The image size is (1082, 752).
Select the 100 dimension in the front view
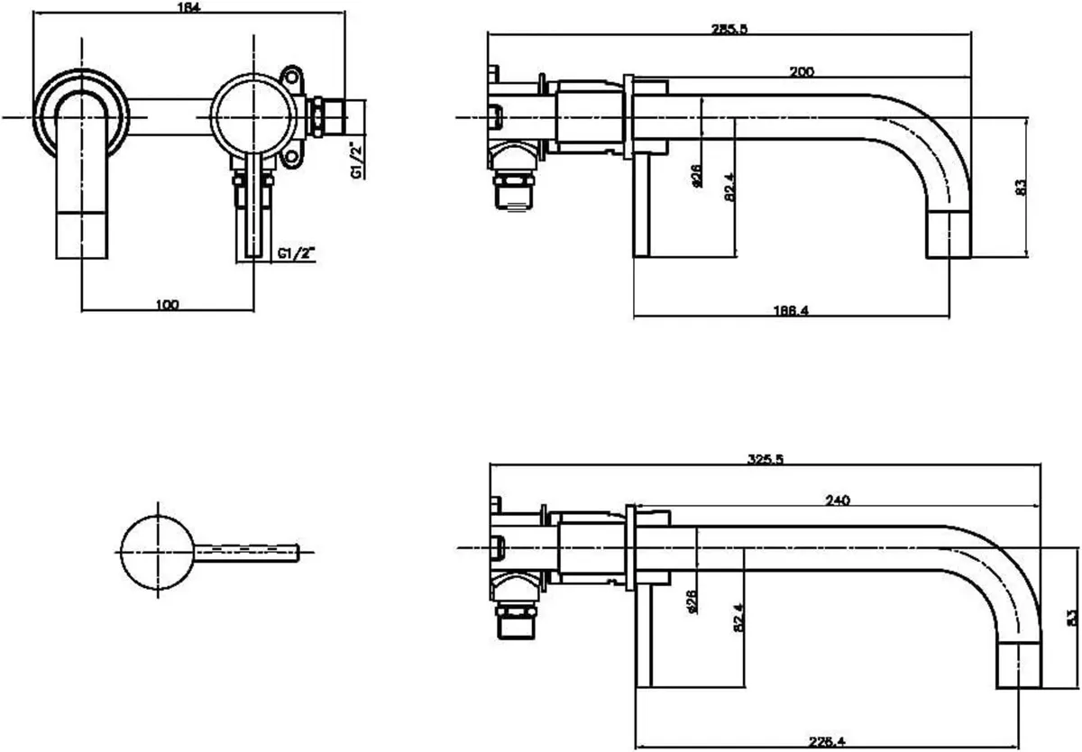[166, 304]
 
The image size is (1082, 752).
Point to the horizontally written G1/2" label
[298, 254]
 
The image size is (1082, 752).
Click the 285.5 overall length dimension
[729, 28]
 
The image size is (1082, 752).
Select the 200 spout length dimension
[802, 71]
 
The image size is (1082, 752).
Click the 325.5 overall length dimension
[765, 459]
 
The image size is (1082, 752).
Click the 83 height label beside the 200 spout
[1020, 187]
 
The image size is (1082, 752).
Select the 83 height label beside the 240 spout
[1071, 618]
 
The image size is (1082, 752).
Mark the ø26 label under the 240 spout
[692, 601]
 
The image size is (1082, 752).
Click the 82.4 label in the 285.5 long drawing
[729, 188]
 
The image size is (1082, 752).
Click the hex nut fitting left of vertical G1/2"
[320, 117]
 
